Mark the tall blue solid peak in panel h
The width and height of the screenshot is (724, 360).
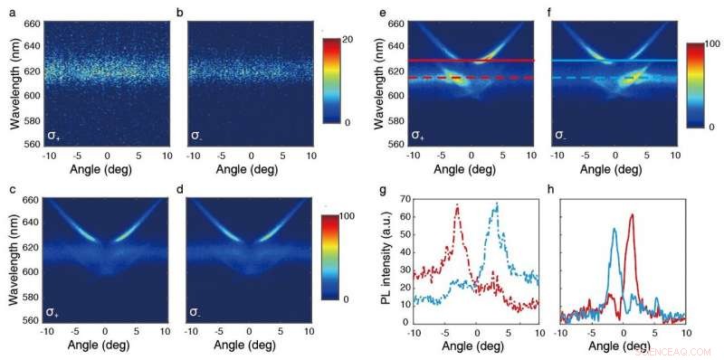point(614,230)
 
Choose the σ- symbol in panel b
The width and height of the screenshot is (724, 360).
point(195,135)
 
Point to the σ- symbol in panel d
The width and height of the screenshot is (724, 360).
point(195,312)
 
